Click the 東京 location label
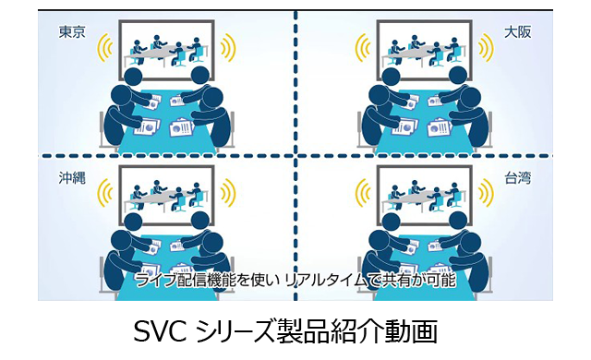72,32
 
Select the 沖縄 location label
72,177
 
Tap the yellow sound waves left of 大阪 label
361,49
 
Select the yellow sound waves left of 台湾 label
361,193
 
